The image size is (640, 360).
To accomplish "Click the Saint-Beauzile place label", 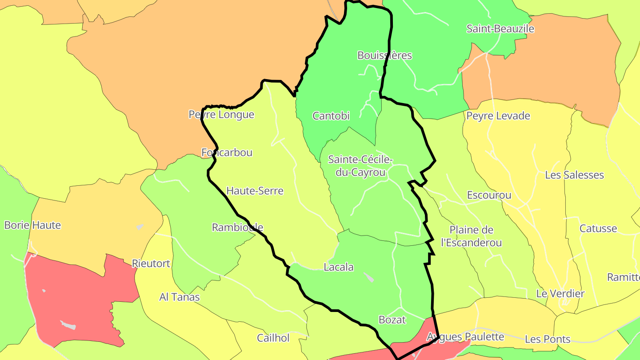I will (x=500, y=29).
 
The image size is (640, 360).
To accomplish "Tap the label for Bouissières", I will (x=384, y=56).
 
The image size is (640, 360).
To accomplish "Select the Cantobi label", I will (x=331, y=116).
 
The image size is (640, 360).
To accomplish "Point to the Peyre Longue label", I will (x=221, y=115).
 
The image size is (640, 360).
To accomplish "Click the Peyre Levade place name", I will (x=498, y=116).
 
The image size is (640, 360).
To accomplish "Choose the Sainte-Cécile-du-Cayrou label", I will (x=360, y=166).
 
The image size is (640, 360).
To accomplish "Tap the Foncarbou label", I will (x=227, y=153).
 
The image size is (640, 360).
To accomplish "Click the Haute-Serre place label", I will (x=255, y=191).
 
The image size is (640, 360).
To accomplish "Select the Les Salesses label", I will (x=574, y=175).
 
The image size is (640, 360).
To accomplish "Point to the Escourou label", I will (x=489, y=196).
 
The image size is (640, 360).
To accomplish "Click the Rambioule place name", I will (x=237, y=228).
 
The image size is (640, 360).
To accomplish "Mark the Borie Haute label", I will (x=32, y=225).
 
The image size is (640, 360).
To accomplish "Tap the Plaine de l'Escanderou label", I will (x=471, y=236).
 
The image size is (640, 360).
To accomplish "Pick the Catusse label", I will (x=598, y=229).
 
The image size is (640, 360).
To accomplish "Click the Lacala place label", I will (x=339, y=268).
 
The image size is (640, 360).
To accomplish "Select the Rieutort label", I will (x=151, y=264).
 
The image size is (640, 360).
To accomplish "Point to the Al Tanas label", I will (x=180, y=297).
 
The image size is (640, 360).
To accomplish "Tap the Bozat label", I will (x=392, y=320).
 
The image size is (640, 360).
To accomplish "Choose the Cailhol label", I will (x=273, y=338).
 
